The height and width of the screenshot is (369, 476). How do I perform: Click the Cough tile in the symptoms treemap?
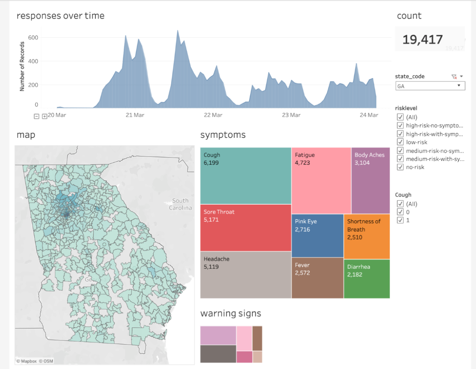246,176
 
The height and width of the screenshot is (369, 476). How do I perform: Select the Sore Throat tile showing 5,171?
246,228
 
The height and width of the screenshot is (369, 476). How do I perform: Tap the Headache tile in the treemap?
246,275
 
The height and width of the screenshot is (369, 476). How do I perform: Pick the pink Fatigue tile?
321,180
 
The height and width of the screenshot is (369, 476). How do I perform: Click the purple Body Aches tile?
370,180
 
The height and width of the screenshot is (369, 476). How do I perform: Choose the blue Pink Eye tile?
317,236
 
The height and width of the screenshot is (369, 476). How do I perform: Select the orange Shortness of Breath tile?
366,236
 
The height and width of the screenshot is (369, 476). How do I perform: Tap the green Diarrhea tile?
366,279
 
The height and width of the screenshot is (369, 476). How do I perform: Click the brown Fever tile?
317,278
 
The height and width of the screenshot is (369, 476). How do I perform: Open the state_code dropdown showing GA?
430,86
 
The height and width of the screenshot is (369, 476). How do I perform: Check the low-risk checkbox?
400,142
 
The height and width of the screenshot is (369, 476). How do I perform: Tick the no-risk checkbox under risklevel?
400,167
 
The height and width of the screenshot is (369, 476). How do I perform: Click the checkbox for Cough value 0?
400,212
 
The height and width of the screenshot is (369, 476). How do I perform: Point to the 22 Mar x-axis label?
213,115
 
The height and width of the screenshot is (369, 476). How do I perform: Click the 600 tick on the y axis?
33,37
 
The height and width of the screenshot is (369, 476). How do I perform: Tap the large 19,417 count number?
422,39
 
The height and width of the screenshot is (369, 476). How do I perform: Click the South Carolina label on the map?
180,204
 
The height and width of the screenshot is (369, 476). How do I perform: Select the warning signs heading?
230,313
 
